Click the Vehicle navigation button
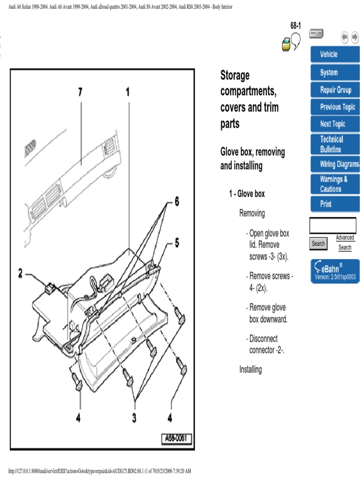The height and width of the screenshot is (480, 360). click(x=335, y=54)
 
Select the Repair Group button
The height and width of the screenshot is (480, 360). click(x=335, y=90)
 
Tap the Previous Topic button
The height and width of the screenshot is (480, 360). click(x=335, y=107)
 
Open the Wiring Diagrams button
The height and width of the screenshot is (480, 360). click(x=335, y=165)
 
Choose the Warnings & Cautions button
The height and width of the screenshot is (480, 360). click(x=335, y=184)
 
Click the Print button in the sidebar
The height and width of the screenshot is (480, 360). click(x=335, y=204)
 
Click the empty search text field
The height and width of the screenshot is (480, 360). click(x=332, y=225)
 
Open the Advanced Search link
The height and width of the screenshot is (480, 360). click(x=345, y=243)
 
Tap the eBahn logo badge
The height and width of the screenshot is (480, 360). click(x=335, y=271)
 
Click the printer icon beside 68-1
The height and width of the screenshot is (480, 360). click(x=286, y=45)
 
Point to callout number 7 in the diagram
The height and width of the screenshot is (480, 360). click(x=80, y=93)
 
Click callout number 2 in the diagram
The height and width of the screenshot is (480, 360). click(x=21, y=273)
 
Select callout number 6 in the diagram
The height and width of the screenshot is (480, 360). click(x=177, y=202)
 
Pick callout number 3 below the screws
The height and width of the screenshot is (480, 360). click(x=134, y=418)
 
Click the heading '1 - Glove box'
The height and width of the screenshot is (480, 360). click(x=247, y=194)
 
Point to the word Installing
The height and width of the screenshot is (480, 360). click(x=250, y=369)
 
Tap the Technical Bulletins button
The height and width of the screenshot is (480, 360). click(x=335, y=144)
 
